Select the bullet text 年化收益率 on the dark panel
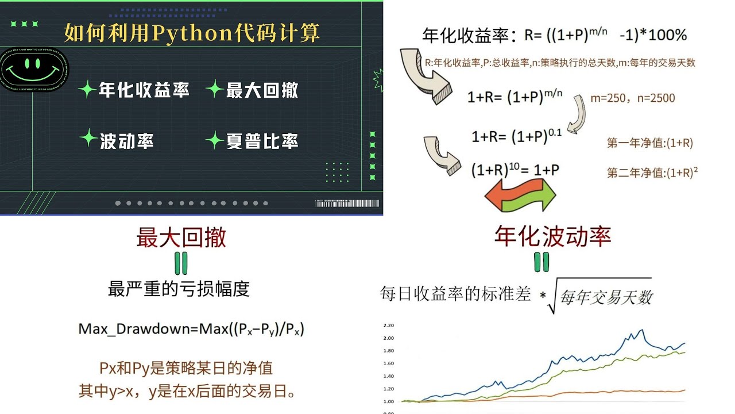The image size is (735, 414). tap(144, 90)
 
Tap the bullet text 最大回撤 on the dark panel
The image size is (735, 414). tap(262, 90)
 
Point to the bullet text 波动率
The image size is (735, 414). tap(126, 140)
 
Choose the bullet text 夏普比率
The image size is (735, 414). tap(262, 140)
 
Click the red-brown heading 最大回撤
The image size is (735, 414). tap(181, 237)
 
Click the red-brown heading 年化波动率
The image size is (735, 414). tap(552, 236)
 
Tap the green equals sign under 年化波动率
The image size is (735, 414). tap(541, 262)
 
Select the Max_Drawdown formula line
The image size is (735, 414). tap(191, 329)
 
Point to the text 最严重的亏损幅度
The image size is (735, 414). tap(179, 289)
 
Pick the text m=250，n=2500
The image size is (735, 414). tap(633, 98)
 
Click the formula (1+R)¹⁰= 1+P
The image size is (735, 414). tap(515, 170)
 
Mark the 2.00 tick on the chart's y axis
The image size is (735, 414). tap(389, 338)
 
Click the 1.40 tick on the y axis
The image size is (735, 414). tap(389, 376)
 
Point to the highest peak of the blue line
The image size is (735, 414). tap(641, 330)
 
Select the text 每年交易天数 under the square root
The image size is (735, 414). tap(606, 297)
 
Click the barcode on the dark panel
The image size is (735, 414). tap(346, 203)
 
